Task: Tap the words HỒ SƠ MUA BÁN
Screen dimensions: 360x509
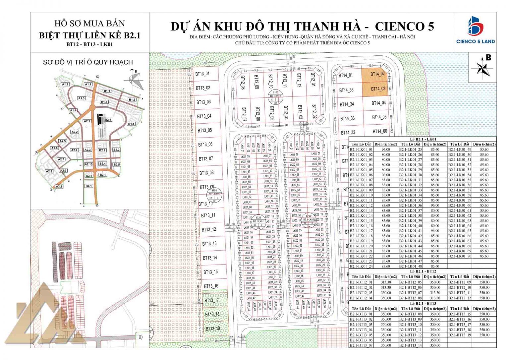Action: click(x=89, y=24)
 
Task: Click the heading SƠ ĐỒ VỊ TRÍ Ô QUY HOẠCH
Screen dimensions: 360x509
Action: click(x=88, y=62)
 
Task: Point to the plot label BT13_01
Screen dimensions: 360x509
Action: click(x=202, y=74)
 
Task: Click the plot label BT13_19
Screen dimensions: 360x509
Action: click(x=212, y=329)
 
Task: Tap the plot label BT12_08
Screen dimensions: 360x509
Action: click(x=243, y=82)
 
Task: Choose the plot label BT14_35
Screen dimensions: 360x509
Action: click(x=346, y=90)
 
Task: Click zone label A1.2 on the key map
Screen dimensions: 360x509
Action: click(x=65, y=85)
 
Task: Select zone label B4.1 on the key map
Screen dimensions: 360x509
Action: click(x=88, y=186)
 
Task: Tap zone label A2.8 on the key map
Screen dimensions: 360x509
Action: click(x=49, y=171)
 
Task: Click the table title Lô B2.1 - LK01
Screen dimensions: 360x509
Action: click(x=423, y=139)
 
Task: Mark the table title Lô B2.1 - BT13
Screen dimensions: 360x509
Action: click(x=423, y=303)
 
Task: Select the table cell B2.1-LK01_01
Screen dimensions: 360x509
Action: click(x=361, y=150)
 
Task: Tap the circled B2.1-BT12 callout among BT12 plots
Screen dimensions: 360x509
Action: click(x=275, y=97)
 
